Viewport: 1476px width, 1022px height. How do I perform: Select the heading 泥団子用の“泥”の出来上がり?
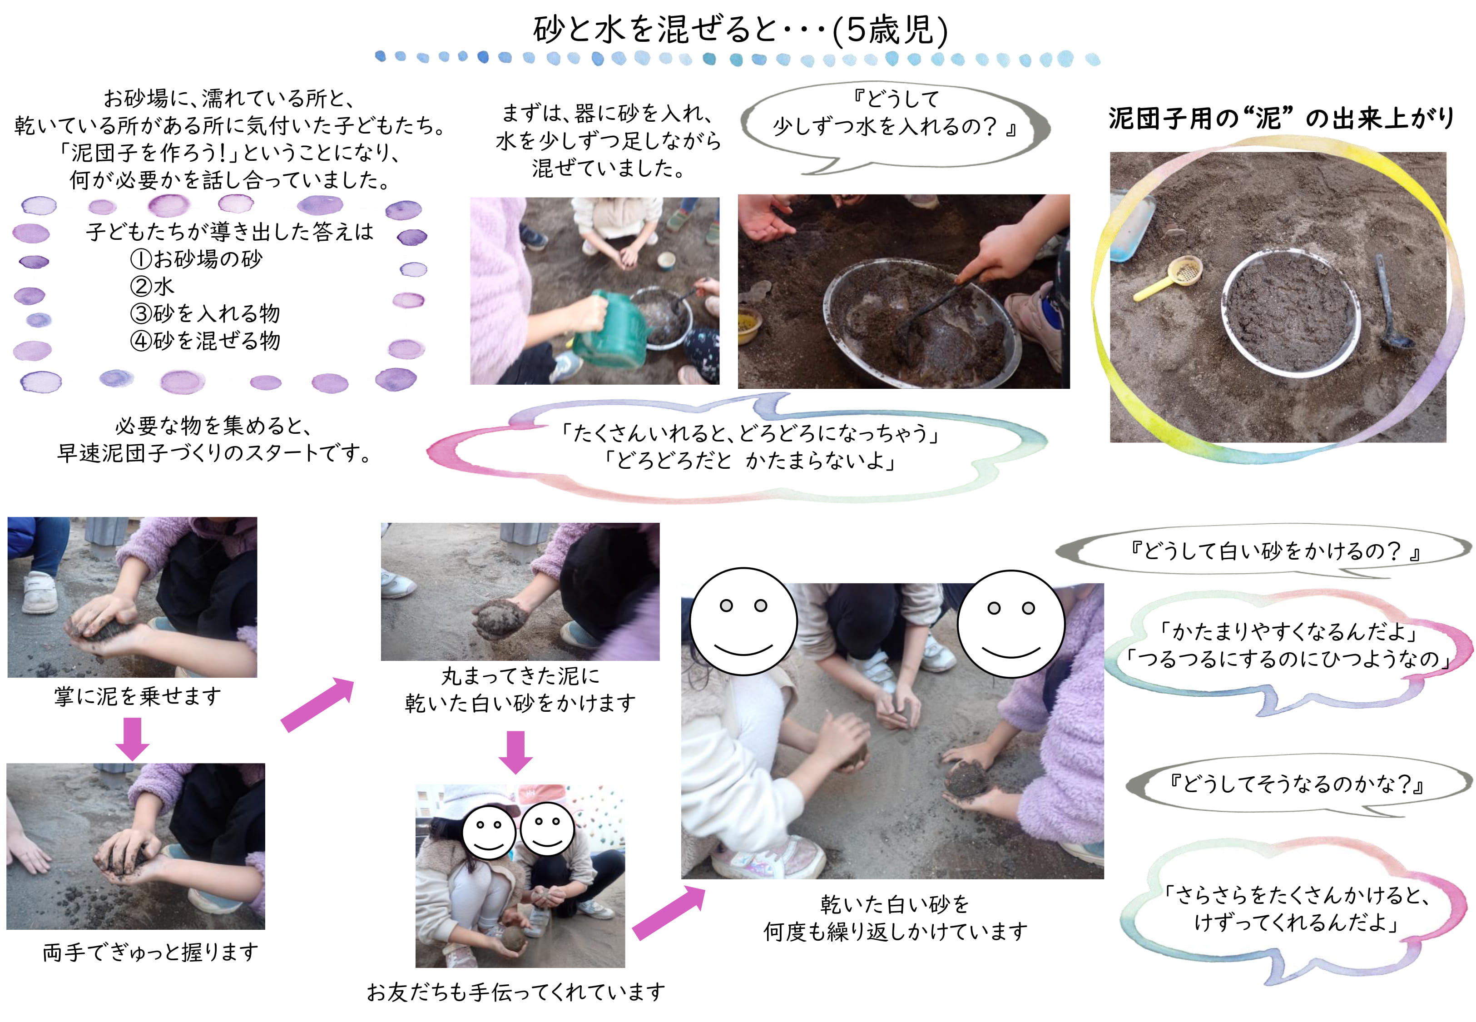pyautogui.click(x=1282, y=118)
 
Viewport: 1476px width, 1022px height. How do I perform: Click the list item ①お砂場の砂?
pyautogui.click(x=196, y=259)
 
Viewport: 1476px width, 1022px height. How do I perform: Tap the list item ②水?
pyautogui.click(x=152, y=286)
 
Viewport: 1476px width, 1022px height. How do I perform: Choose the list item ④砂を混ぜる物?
pyautogui.click(x=205, y=340)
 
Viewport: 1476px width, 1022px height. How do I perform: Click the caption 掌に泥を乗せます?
pyautogui.click(x=138, y=696)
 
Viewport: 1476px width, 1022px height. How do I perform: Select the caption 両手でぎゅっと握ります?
pyautogui.click(x=150, y=952)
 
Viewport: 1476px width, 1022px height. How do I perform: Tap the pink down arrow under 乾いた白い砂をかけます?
pyautogui.click(x=515, y=752)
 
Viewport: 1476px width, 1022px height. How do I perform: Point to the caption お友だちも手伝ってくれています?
pyautogui.click(x=516, y=992)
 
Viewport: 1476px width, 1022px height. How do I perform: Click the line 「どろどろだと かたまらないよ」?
pyautogui.click(x=749, y=461)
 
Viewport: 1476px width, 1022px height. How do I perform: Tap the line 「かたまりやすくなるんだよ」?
pyautogui.click(x=1289, y=632)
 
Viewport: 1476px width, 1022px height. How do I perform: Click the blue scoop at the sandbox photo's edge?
pyautogui.click(x=1132, y=228)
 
